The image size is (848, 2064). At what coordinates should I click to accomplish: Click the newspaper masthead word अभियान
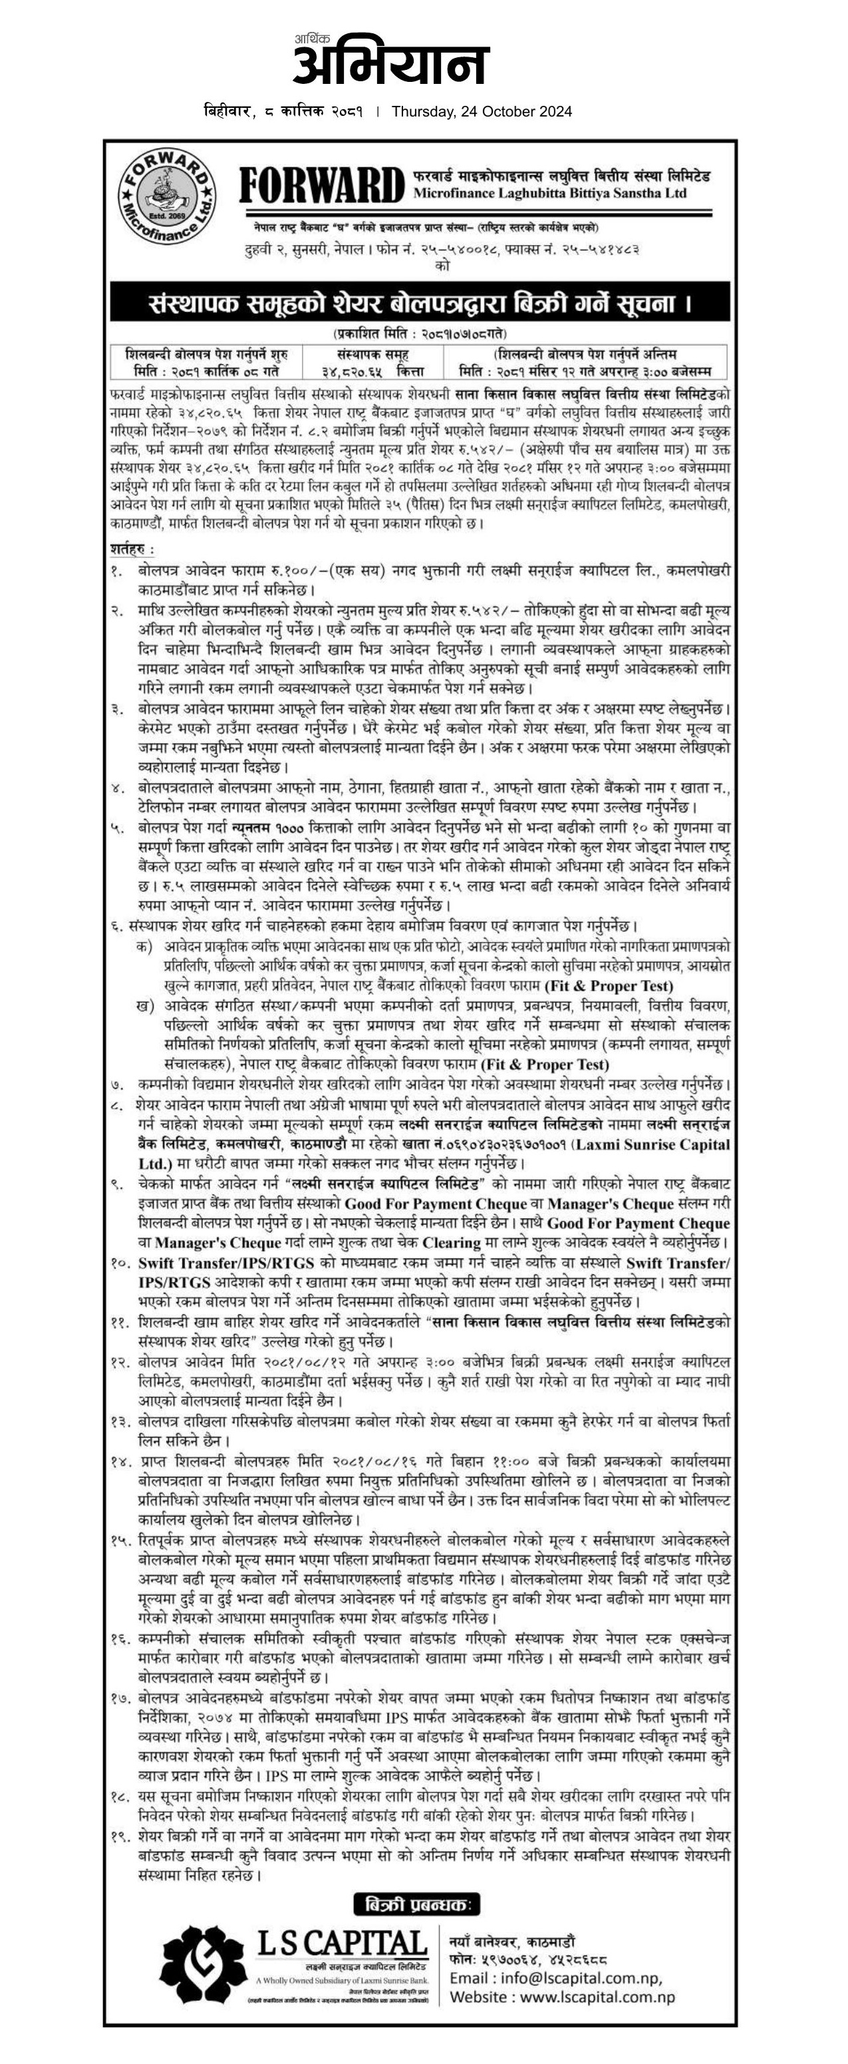point(391,66)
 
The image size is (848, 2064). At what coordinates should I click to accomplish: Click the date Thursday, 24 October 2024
point(482,112)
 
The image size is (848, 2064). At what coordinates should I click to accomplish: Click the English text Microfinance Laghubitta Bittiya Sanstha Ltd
point(550,193)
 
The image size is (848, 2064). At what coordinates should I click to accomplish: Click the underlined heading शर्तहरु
point(132,550)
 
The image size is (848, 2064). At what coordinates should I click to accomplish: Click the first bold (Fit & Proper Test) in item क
point(609,986)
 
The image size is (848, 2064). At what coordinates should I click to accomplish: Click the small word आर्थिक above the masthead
point(311,38)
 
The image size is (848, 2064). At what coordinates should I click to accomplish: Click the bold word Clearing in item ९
point(457,1242)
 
